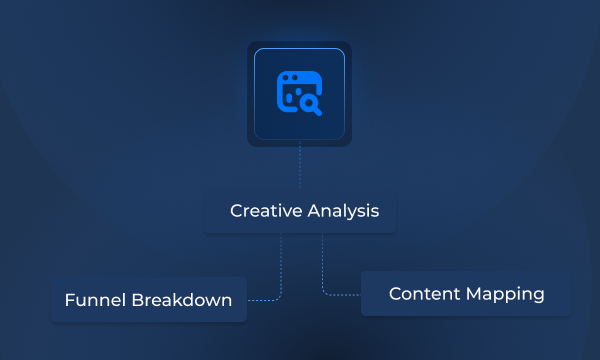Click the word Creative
point(262,212)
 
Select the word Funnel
point(92,300)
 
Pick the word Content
point(420,294)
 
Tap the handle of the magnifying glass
point(319,109)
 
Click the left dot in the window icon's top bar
point(286,78)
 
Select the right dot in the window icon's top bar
point(293,78)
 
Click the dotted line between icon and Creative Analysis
point(299,167)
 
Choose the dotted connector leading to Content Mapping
point(324,275)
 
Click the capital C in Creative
point(236,212)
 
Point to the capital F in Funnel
point(68,300)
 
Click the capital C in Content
point(395,294)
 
